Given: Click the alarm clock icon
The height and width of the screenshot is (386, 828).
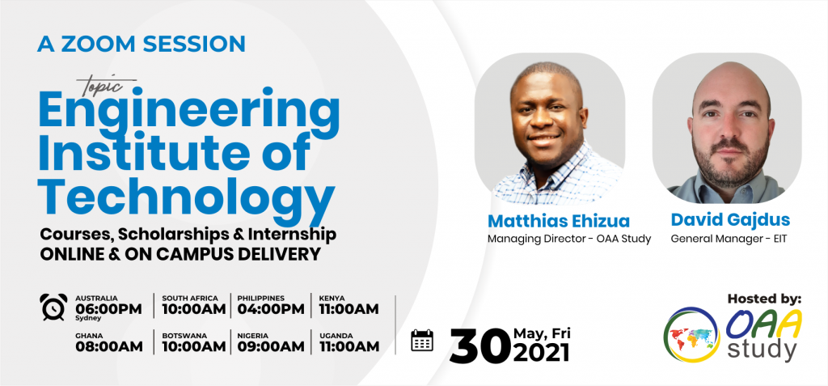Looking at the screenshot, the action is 53,307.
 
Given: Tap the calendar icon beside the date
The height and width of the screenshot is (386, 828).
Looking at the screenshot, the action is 422,340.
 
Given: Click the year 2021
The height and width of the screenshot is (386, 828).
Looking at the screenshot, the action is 541,352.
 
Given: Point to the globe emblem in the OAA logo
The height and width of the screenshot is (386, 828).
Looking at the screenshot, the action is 691,335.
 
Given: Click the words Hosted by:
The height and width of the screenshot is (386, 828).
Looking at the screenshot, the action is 764,299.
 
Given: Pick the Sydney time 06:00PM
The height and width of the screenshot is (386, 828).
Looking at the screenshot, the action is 108,309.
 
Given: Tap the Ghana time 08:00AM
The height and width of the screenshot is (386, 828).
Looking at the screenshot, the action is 109,347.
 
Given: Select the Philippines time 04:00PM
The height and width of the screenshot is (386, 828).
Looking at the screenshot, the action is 271,309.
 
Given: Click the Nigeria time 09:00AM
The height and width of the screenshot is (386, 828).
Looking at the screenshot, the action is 271,347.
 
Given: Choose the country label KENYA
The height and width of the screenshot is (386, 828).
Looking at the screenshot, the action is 332,298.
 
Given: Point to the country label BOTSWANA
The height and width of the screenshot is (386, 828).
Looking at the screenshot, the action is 184,336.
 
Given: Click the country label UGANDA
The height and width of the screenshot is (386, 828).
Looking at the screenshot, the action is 336,336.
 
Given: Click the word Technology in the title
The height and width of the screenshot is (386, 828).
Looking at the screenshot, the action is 187,197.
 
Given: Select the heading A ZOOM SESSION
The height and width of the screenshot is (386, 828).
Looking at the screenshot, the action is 141,44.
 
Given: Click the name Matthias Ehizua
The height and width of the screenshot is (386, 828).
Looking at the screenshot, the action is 559,220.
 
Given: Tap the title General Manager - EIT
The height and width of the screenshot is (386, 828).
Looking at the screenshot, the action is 729,239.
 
